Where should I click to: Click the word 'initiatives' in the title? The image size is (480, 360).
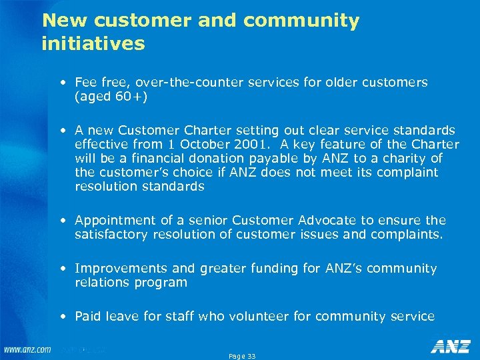pyautogui.click(x=93, y=44)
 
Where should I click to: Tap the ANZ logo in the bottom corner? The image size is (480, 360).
pyautogui.click(x=451, y=346)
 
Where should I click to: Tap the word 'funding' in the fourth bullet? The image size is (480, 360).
pyautogui.click(x=274, y=268)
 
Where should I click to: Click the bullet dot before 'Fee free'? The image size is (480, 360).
pyautogui.click(x=62, y=83)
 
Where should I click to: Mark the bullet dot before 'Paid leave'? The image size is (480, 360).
pyautogui.click(x=62, y=317)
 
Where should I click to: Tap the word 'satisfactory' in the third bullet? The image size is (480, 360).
pyautogui.click(x=112, y=234)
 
